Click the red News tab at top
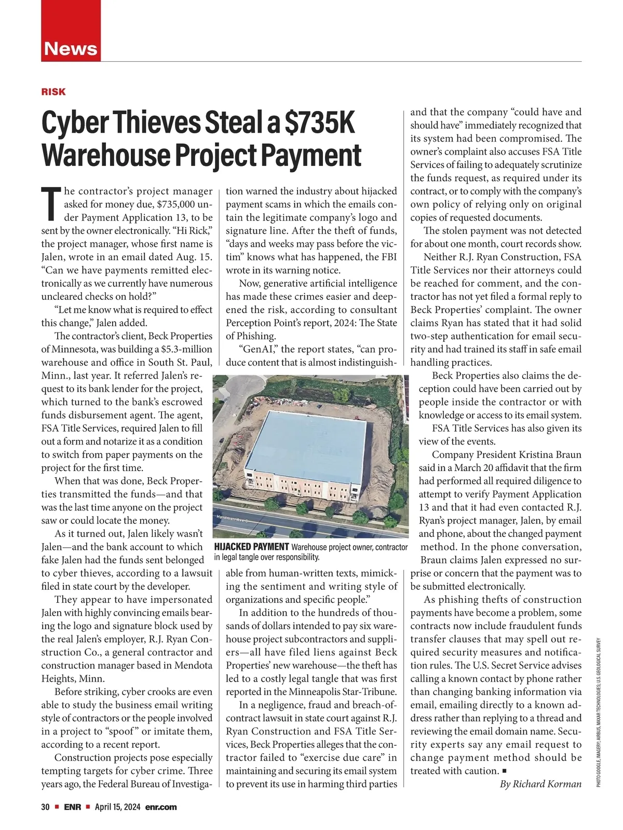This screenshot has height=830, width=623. click(71, 48)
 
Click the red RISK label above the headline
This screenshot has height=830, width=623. click(53, 92)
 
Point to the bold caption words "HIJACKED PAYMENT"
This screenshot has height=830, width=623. click(251, 547)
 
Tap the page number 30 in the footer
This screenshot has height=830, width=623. click(45, 807)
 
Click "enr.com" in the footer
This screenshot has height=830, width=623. click(161, 807)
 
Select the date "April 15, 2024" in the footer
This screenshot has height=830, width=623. click(118, 807)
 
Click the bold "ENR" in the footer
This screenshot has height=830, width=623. click(73, 807)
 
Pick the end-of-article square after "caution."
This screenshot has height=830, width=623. click(505, 771)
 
